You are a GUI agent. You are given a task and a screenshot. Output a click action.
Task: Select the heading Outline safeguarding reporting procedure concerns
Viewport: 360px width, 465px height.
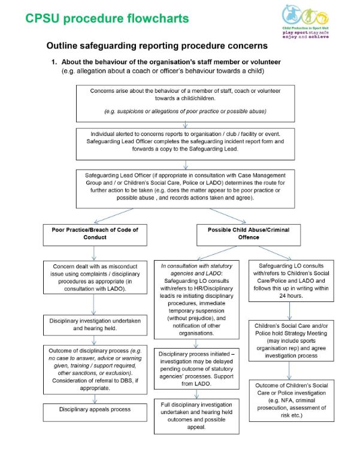[x=157, y=46]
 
